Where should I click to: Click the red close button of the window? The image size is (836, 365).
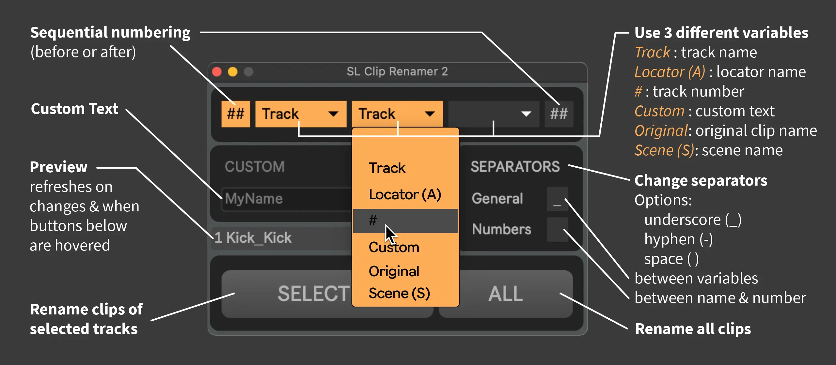217,72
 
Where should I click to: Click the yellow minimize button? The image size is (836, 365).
233,72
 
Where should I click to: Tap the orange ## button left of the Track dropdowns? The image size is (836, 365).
236,114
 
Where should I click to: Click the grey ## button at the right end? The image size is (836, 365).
559,114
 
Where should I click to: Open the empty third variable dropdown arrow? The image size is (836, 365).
526,114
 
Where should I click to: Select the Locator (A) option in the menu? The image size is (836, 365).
405,194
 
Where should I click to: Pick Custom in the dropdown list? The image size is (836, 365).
394,247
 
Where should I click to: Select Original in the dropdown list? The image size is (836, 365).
394,271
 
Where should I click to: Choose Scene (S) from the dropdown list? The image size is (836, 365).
399,293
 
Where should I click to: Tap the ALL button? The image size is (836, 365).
506,294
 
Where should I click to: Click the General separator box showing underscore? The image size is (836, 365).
557,199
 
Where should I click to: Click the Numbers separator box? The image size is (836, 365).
557,230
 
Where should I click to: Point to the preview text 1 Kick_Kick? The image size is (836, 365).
253,238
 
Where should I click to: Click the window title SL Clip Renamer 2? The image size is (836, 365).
397,71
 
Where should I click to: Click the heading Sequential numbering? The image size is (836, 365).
110,33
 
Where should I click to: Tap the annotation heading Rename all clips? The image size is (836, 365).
693,329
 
